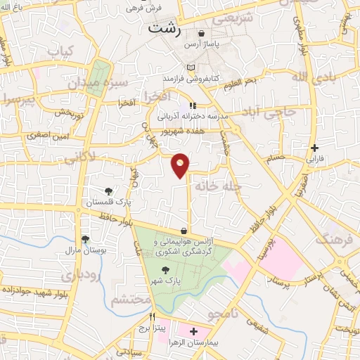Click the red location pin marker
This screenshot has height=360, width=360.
pos(181,165)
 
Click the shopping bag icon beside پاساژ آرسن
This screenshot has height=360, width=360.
pos(202,33)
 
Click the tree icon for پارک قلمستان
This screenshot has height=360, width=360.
pos(109,191)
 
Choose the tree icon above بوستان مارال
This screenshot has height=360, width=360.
pos(84,239)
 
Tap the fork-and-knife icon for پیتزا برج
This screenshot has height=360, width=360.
pos(152,316)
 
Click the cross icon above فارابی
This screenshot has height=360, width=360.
pos(314,148)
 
